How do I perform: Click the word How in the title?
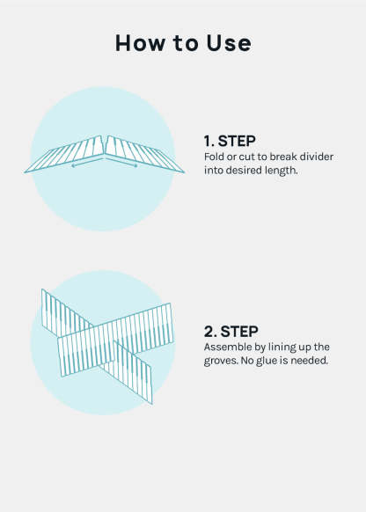140,43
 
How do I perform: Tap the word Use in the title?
229,43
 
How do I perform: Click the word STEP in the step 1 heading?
237,141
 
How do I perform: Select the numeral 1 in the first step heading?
208,141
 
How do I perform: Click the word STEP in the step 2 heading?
239,332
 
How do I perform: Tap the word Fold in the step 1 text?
214,157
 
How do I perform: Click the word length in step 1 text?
282,171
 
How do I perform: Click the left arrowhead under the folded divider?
73,165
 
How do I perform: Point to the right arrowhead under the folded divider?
135,165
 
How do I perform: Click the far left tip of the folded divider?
25,172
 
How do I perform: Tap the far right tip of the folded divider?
184,172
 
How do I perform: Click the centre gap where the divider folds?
105,146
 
